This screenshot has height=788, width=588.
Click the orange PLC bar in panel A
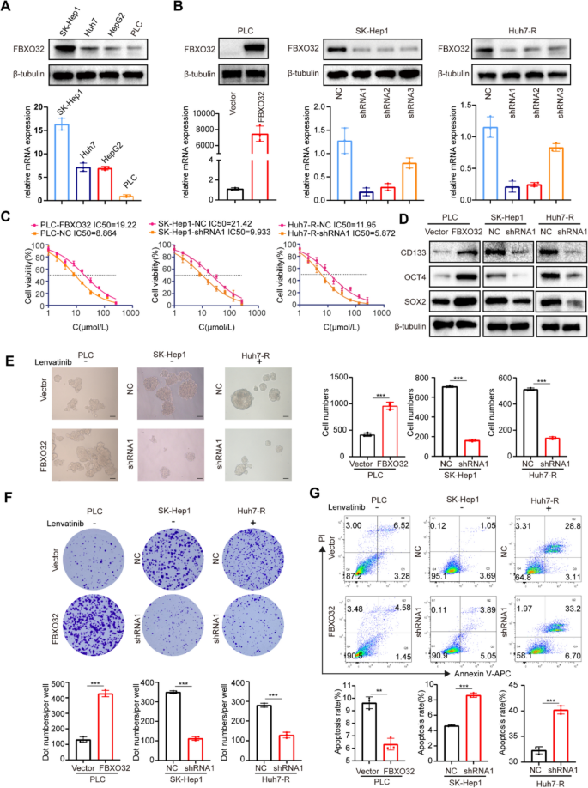[127, 197]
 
